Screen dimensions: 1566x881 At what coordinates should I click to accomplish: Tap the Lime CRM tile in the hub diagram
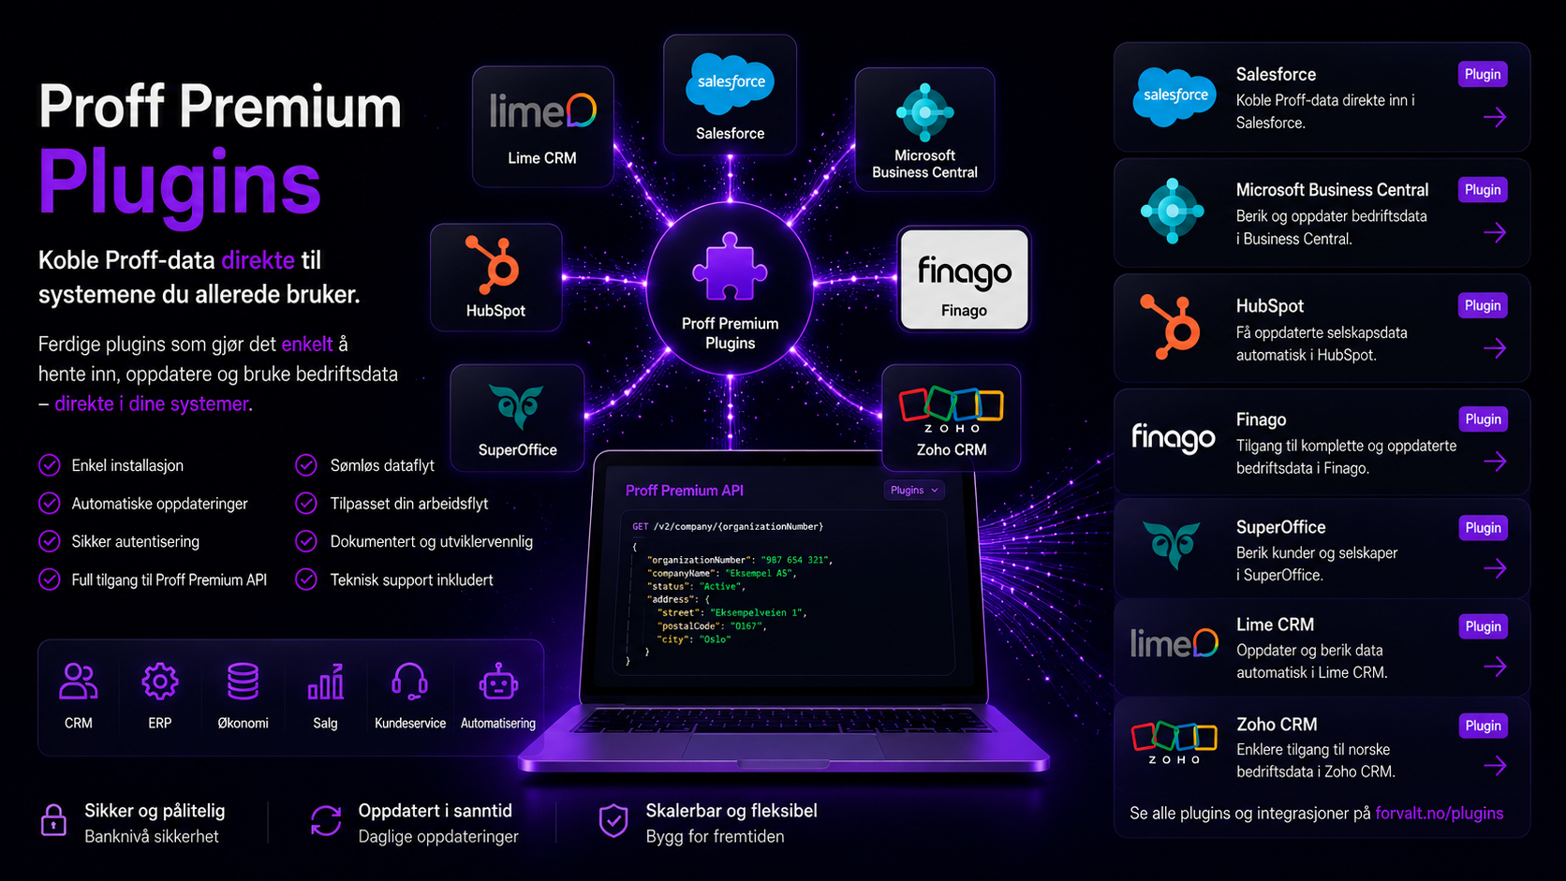pos(542,126)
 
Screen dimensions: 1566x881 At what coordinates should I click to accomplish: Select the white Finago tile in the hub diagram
pos(964,279)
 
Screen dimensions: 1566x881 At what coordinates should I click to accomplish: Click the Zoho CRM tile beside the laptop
pos(951,418)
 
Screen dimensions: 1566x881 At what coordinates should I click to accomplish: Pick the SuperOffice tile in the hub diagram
pos(517,418)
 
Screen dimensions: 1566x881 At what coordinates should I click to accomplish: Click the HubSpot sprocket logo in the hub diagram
pos(494,265)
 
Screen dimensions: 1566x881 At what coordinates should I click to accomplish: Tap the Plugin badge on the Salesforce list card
pos(1482,74)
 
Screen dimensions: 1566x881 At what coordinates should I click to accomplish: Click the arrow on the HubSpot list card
pos(1495,348)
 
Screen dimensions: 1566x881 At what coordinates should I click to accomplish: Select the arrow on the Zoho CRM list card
pos(1495,767)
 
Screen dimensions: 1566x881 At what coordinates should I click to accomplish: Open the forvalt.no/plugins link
pos(1439,814)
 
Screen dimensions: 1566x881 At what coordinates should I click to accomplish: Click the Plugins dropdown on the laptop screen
pos(914,491)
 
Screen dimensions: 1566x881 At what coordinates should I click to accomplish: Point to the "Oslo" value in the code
pos(715,639)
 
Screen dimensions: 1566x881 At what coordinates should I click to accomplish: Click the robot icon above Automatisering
pos(497,682)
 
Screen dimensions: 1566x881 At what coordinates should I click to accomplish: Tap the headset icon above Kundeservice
pos(409,682)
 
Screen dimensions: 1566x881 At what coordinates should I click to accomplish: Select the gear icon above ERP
pos(159,682)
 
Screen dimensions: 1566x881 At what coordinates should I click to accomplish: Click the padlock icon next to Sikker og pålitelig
pos(53,820)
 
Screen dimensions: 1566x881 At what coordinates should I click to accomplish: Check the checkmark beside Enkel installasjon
pos(49,465)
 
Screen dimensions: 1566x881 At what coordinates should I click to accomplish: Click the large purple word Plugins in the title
pos(180,184)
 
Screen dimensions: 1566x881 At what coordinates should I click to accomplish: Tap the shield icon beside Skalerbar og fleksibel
pos(613,820)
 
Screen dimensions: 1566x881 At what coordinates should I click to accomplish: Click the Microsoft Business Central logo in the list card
pos(1173,211)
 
